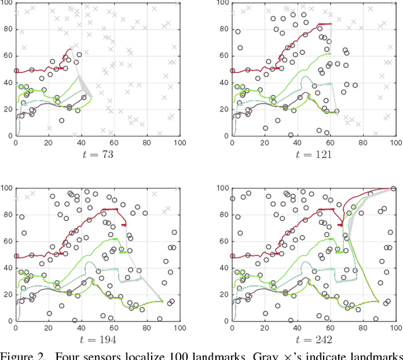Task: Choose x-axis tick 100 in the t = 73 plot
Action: tap(179, 143)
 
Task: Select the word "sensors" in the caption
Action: tap(106, 355)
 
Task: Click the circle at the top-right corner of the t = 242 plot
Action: tap(394, 189)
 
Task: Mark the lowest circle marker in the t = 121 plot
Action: tap(290, 135)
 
